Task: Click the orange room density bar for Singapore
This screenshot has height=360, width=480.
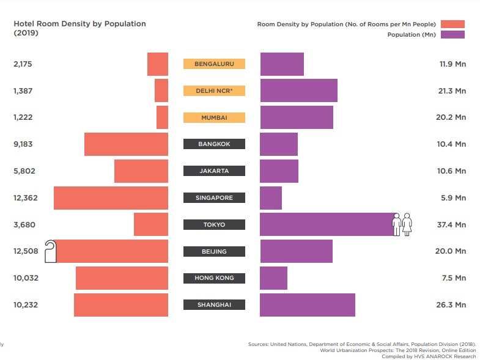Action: [111, 198]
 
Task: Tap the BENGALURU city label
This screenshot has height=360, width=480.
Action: [214, 64]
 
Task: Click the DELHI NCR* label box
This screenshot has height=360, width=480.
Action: [214, 90]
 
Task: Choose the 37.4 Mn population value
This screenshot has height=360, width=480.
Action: [452, 224]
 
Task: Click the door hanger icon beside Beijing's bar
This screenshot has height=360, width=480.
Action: [51, 251]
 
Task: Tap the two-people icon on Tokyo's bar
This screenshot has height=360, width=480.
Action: [402, 224]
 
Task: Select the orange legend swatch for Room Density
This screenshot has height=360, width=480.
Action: [452, 24]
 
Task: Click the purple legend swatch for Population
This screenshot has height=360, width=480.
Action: [452, 35]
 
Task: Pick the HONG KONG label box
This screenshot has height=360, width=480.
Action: [214, 278]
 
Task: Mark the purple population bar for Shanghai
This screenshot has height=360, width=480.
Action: [307, 305]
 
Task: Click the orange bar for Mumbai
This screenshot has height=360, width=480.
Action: [162, 117]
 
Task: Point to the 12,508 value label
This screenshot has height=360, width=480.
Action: [24, 251]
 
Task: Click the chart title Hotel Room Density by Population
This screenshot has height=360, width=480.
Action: [79, 24]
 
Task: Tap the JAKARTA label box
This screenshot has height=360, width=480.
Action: [214, 171]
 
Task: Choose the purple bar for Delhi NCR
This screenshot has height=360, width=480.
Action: [298, 90]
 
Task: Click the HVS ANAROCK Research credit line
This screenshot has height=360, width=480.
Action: [428, 356]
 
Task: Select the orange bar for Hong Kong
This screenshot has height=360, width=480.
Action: [122, 278]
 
